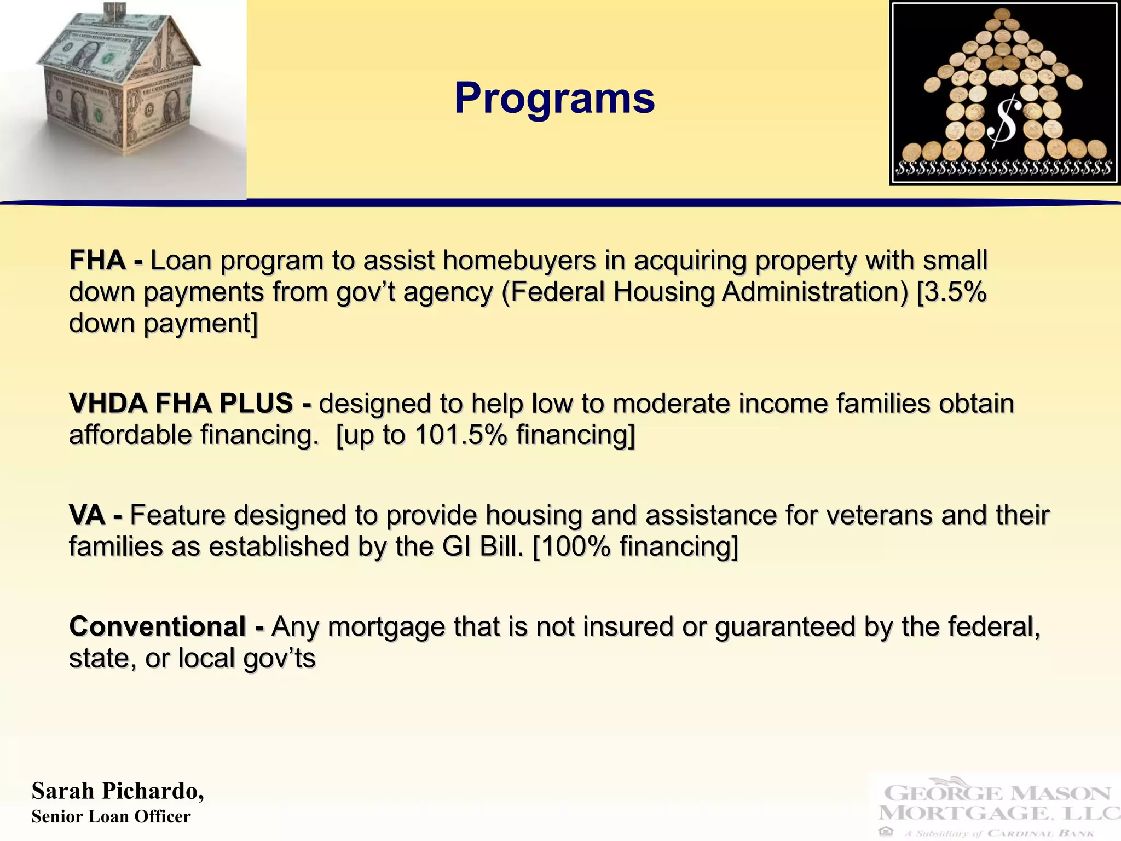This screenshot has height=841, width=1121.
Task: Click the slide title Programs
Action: [x=554, y=99]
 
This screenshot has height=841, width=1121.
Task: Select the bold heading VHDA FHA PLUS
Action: [x=181, y=404]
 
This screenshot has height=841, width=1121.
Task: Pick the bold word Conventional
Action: [x=158, y=627]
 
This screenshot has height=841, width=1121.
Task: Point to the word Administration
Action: [x=814, y=292]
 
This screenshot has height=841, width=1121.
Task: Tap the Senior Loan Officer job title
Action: [x=111, y=817]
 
